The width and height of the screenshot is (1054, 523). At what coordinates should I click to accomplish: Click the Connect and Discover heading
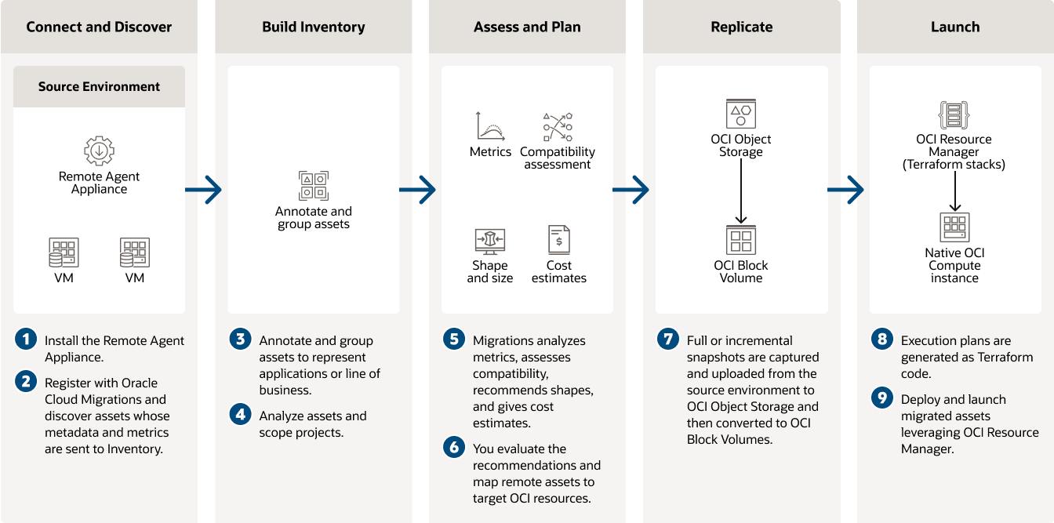click(99, 27)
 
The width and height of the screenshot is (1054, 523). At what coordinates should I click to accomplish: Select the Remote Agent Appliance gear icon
click(99, 150)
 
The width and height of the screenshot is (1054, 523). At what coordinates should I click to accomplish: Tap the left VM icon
click(64, 252)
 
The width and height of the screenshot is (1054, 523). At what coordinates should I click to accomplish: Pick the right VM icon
click(135, 252)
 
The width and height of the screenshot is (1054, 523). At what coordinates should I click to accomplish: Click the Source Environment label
click(99, 86)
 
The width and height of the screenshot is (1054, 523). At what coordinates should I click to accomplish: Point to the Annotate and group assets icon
click(313, 185)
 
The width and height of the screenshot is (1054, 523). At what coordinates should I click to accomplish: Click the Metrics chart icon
click(490, 126)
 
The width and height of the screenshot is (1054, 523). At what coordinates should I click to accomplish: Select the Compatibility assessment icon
click(558, 126)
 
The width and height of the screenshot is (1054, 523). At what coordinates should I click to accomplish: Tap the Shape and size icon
click(490, 240)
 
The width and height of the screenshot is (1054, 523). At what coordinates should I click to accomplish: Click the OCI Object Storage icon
click(741, 114)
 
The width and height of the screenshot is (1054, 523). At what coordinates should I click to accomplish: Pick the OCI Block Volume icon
click(741, 240)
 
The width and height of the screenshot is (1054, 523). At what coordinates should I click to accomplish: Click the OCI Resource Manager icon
click(954, 114)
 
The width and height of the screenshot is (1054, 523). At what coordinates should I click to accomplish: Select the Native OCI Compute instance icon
click(954, 227)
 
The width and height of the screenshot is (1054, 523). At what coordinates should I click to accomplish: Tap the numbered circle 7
click(667, 340)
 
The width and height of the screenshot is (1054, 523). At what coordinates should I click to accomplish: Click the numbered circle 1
click(26, 340)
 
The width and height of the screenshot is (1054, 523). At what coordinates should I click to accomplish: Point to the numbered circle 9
click(882, 399)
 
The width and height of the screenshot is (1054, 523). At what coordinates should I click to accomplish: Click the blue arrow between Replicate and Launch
click(847, 189)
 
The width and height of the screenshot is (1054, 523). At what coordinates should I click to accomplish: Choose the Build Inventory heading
click(313, 27)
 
